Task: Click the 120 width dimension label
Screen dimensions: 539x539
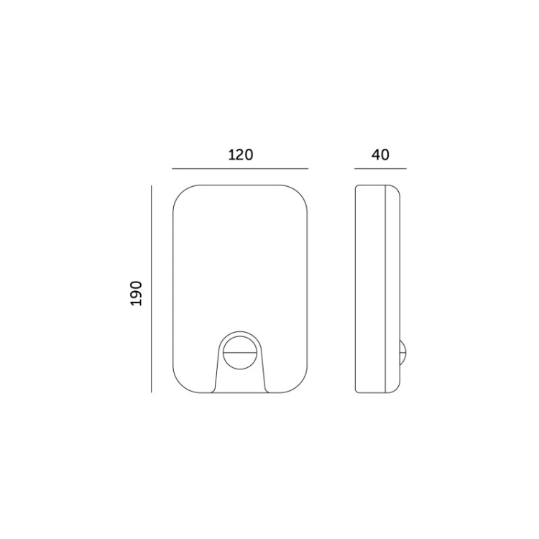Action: (x=241, y=155)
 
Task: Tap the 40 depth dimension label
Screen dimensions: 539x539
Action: (x=380, y=155)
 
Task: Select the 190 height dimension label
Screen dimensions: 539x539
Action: (x=136, y=293)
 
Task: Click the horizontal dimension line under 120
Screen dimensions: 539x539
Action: (x=240, y=169)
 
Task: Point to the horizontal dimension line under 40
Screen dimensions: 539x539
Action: (x=380, y=169)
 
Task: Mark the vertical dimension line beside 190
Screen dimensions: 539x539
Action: (x=151, y=289)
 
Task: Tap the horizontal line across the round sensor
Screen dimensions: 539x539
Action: (x=240, y=352)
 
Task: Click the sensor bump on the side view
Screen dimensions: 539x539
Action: (x=403, y=352)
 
